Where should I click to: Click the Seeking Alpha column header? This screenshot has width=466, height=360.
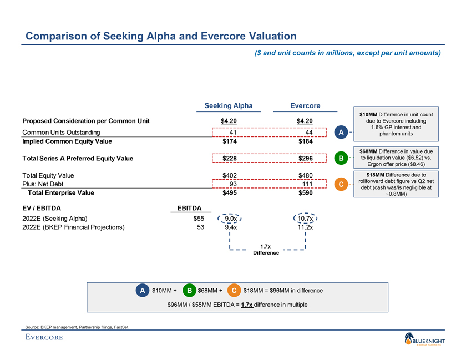(229, 105)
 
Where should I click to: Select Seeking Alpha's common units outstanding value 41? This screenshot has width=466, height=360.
(233, 133)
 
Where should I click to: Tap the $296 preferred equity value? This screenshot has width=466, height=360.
(305, 159)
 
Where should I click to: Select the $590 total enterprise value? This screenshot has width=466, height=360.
(305, 194)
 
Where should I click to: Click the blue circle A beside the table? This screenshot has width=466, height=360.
(342, 132)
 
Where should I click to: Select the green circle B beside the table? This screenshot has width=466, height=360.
(342, 159)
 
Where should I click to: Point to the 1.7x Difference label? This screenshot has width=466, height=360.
(266, 249)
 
